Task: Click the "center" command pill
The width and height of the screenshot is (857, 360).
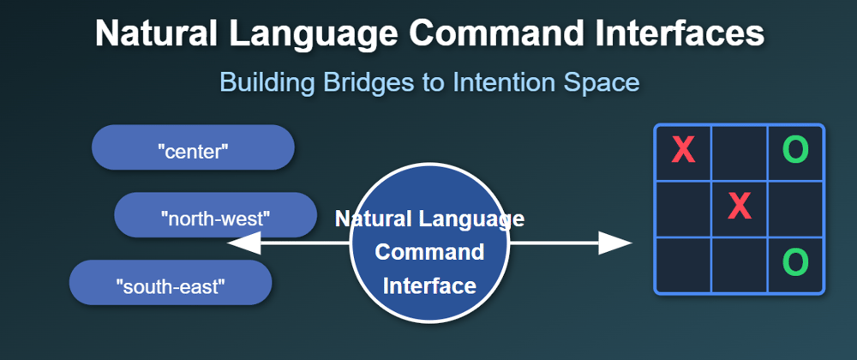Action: (x=193, y=147)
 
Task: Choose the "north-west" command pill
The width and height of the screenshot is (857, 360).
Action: (x=215, y=214)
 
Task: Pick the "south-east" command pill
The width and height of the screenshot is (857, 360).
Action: (x=171, y=282)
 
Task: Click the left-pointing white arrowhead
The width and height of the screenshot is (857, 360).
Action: (x=243, y=243)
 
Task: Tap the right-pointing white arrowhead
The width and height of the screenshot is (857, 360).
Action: (x=615, y=243)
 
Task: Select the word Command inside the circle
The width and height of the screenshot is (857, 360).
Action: (x=429, y=252)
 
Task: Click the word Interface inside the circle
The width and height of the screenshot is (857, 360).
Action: (x=429, y=285)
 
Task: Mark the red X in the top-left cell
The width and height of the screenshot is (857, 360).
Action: (x=683, y=150)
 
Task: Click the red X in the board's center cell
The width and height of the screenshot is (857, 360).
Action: (x=740, y=207)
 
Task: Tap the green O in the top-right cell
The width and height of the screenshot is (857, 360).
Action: (x=796, y=150)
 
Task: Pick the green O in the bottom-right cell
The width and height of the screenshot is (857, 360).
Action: (x=796, y=263)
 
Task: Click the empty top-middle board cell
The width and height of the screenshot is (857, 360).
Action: (x=740, y=153)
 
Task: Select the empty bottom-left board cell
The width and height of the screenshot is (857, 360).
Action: (x=683, y=265)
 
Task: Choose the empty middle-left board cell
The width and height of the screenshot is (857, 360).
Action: (x=683, y=208)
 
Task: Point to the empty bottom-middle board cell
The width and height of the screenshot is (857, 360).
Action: (x=740, y=265)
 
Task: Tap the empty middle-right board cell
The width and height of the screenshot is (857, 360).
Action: (x=795, y=208)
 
